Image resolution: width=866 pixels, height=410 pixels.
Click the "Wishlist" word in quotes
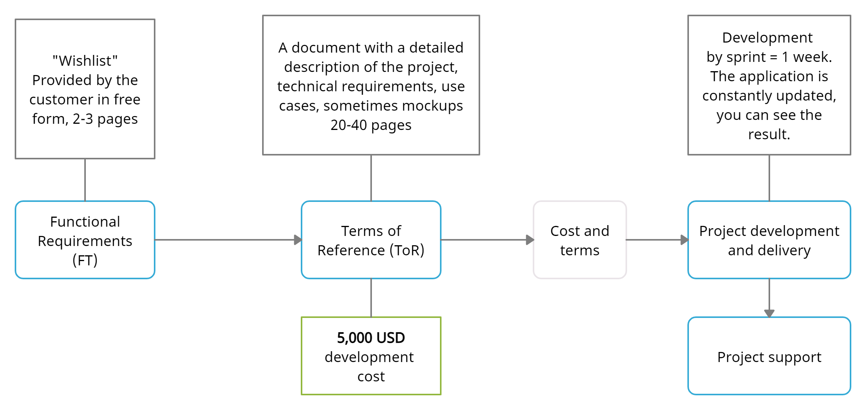[85, 61]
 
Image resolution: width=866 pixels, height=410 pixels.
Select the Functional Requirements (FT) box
[85, 240]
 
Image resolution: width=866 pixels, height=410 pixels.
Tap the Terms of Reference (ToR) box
[371, 240]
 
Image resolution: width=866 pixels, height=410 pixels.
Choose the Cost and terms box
[580, 240]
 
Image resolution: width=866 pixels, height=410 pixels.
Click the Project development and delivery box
[769, 240]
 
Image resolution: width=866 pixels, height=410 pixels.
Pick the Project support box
[769, 356]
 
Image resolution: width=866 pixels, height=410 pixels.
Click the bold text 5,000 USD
[371, 338]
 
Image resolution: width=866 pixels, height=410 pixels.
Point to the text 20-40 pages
[371, 125]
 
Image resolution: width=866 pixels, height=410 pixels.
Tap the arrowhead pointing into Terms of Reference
[298, 240]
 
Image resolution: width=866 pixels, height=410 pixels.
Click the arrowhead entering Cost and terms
[530, 240]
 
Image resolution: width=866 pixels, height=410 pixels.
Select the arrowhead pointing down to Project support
[769, 313]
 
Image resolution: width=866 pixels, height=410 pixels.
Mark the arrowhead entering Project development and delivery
[685, 240]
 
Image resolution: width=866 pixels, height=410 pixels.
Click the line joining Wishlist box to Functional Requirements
[85, 180]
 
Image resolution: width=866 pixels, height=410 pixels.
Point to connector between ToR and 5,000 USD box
[371, 298]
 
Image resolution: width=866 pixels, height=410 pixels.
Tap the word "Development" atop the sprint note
[767, 38]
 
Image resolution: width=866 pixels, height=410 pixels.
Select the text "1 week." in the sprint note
[807, 57]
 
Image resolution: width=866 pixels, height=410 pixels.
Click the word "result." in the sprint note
[769, 135]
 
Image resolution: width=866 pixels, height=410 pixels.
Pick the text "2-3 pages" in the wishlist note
[105, 119]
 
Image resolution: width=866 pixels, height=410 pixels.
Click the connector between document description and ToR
[371, 178]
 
